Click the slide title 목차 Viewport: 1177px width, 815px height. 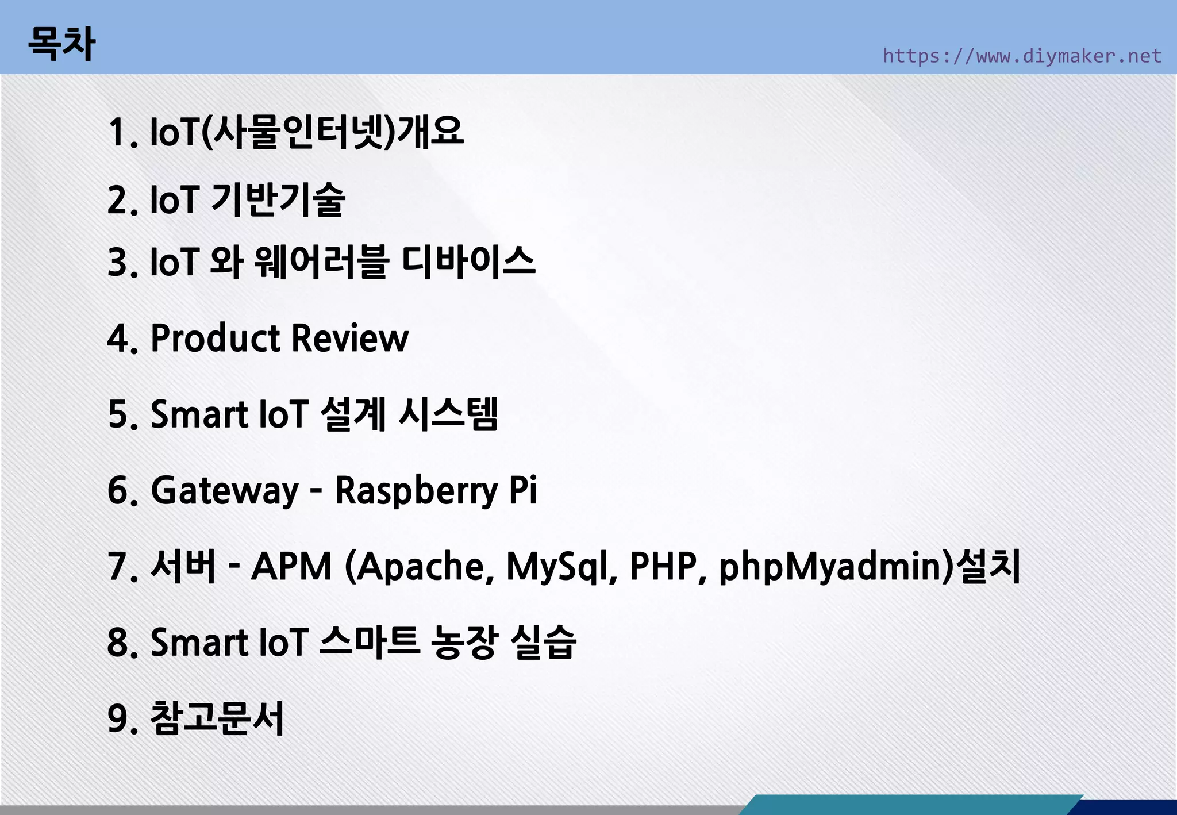tap(61, 44)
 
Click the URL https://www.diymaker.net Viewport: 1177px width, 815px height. tap(1022, 56)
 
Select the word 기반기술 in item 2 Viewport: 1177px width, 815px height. tap(278, 199)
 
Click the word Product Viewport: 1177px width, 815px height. tap(215, 338)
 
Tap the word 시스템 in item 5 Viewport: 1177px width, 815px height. tap(448, 414)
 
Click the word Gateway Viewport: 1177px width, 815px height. tap(225, 491)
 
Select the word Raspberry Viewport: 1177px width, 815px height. tap(417, 491)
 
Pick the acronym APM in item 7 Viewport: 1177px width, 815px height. tap(292, 566)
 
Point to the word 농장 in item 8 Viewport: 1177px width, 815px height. tap(464, 642)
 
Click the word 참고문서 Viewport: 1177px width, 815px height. tap(217, 718)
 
